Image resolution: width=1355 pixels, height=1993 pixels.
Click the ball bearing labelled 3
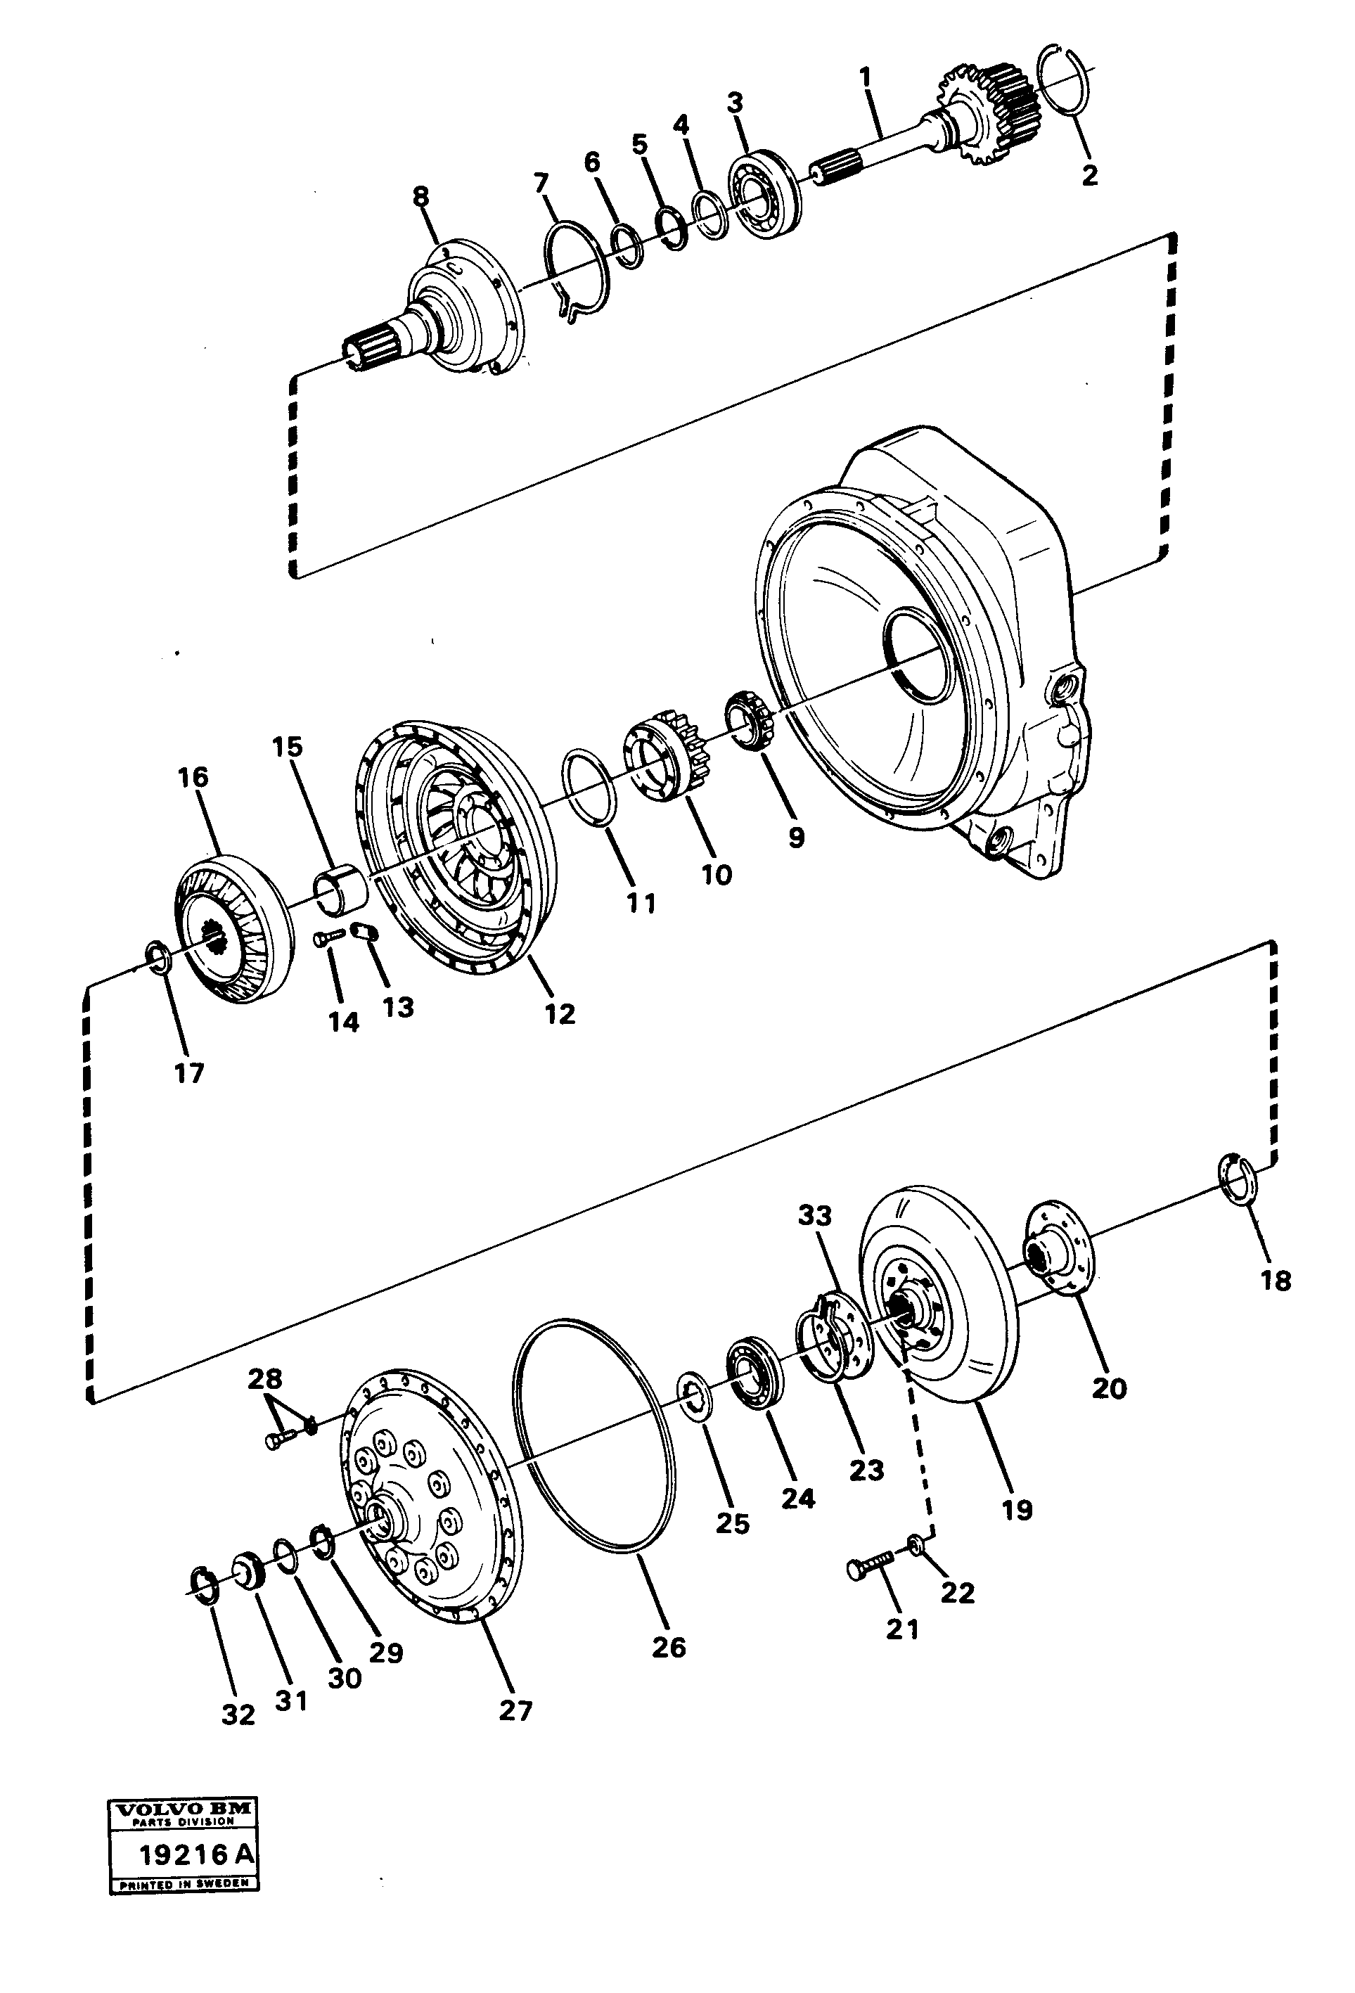click(765, 192)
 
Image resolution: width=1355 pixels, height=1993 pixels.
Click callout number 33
click(815, 1215)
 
